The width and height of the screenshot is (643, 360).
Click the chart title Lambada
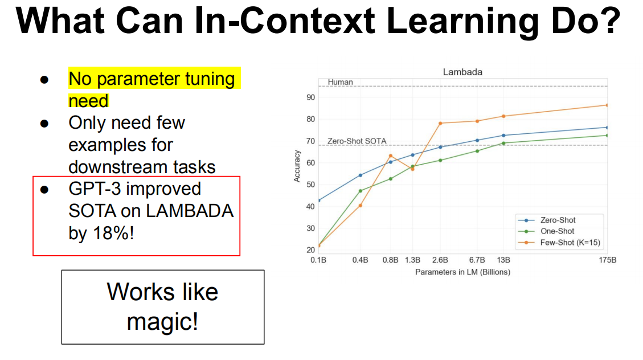coord(462,72)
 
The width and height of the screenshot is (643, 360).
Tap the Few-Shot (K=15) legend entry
coord(570,243)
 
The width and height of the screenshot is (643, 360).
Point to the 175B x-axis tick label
coord(607,260)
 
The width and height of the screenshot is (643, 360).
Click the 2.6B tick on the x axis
coord(440,260)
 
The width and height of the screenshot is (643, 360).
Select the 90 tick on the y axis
coord(310,97)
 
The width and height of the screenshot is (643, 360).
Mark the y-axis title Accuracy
coord(297,166)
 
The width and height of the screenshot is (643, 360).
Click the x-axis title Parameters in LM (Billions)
coord(462,272)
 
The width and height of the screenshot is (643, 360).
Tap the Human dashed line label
coord(340,82)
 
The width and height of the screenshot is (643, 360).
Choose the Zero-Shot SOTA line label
coord(357,141)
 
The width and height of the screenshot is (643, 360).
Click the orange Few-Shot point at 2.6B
coord(440,123)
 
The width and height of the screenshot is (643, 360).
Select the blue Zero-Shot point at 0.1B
coord(318,200)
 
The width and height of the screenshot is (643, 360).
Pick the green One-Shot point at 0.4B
coord(360,191)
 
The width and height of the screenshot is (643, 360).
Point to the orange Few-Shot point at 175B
coord(607,105)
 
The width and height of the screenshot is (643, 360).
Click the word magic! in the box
coord(163,322)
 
